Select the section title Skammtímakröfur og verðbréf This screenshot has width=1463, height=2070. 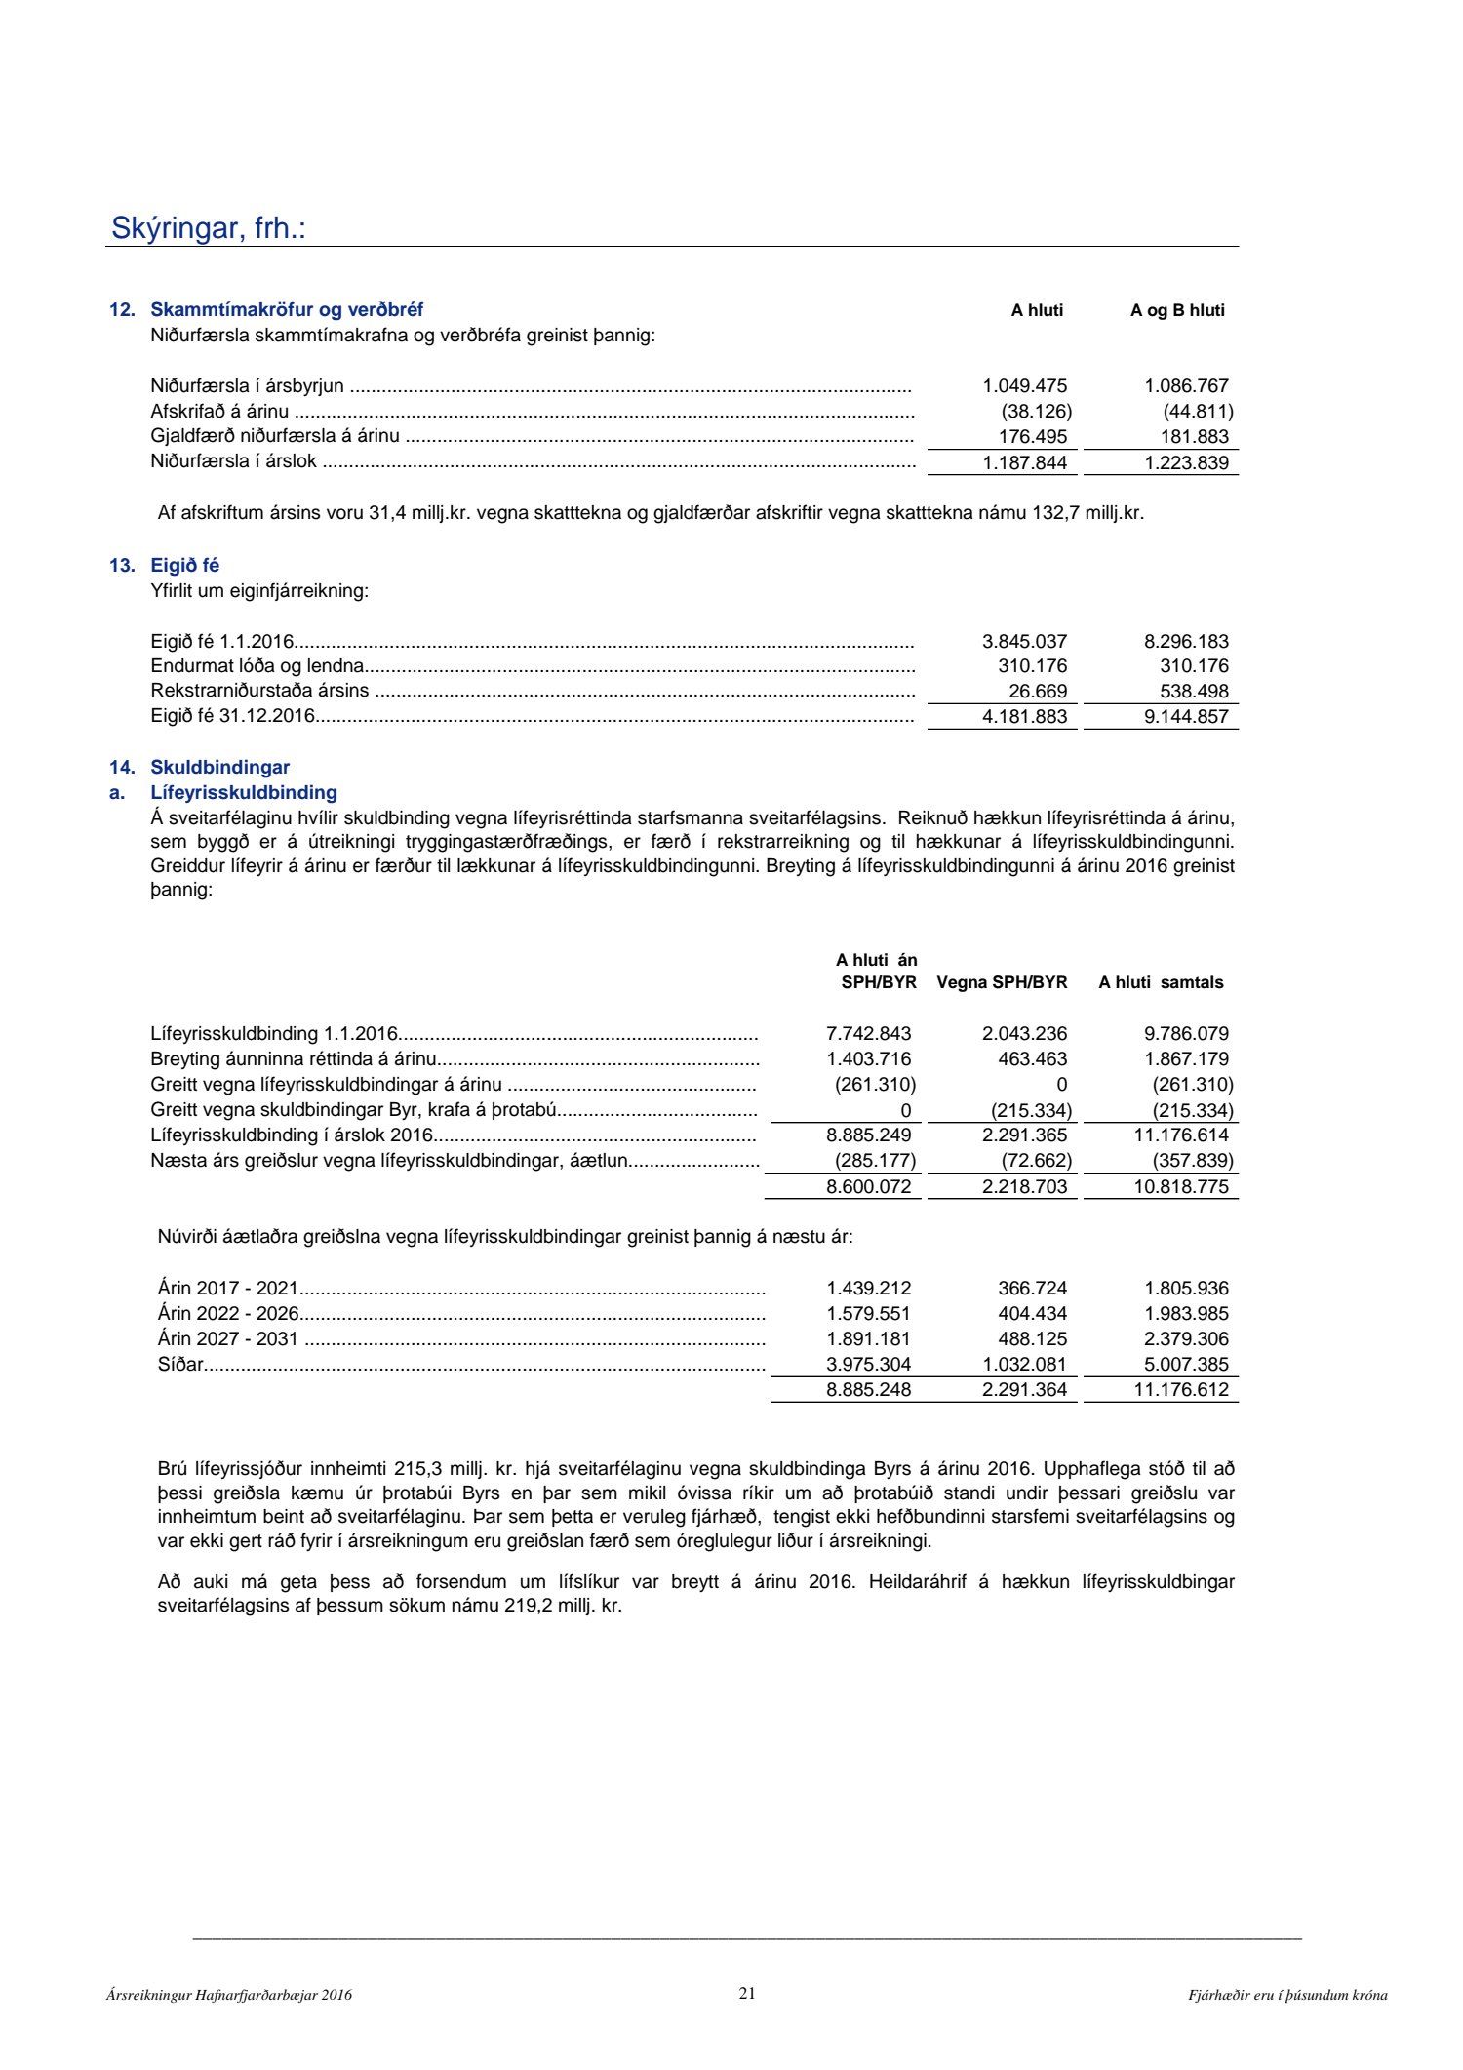(287, 310)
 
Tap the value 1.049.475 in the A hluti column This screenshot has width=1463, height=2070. (1024, 385)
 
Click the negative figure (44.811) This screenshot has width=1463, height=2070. (1198, 411)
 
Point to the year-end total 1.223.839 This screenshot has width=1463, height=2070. (1186, 462)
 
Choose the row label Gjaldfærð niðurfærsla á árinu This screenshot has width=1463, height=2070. (275, 436)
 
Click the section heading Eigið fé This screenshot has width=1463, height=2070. (184, 566)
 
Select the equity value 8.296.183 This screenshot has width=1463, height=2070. (1186, 641)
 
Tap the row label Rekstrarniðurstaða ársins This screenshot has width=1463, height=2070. (259, 691)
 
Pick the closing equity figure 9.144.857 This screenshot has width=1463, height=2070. (1186, 716)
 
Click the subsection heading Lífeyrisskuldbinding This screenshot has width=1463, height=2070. (244, 792)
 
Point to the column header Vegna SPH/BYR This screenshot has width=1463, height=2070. (1002, 982)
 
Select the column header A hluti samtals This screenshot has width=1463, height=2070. (1161, 982)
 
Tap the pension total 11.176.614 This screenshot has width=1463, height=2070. (1181, 1135)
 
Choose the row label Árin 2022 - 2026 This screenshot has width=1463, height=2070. (228, 1313)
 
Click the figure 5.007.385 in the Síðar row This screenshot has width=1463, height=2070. (1186, 1364)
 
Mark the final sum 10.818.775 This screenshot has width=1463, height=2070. (1181, 1186)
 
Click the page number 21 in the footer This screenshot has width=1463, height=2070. (747, 1993)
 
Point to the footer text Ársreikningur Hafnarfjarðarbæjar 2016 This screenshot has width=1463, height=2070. (229, 1996)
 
